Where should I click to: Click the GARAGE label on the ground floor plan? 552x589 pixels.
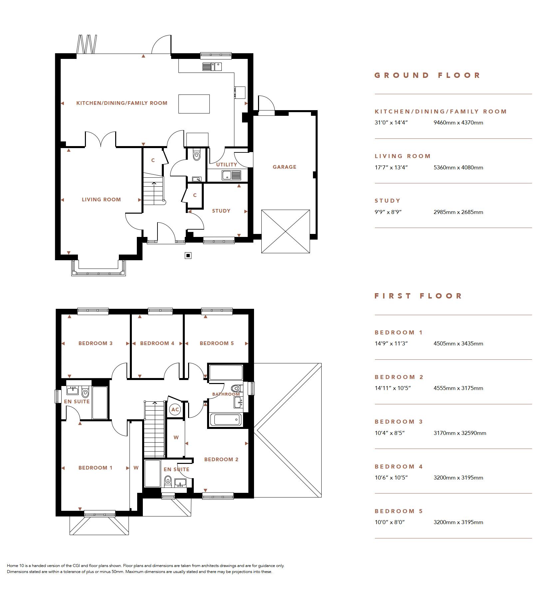tap(284, 167)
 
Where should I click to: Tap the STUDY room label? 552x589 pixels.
tap(221, 211)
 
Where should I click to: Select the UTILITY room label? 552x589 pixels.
tap(226, 165)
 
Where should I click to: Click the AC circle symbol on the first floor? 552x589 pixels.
tap(175, 410)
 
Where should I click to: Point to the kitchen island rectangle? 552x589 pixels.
tap(194, 104)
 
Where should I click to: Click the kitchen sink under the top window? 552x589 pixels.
tap(212, 67)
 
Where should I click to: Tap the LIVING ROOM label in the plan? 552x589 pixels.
tap(101, 200)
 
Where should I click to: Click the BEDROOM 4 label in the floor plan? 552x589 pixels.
tap(157, 343)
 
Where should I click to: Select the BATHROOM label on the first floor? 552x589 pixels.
tap(226, 394)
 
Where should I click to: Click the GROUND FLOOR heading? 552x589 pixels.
tap(427, 76)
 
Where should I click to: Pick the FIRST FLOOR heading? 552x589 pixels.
tap(418, 296)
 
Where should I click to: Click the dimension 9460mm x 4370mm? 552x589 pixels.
tap(458, 123)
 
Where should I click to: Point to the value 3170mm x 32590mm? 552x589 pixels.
tap(460, 433)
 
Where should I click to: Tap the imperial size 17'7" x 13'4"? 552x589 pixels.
tap(391, 167)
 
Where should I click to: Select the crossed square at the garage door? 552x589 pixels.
tap(286, 232)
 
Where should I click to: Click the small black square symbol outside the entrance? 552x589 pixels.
tap(188, 256)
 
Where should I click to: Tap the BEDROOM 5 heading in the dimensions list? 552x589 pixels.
tap(399, 511)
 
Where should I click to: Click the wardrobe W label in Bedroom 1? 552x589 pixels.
tap(136, 468)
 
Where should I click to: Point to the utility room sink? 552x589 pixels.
tap(231, 175)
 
